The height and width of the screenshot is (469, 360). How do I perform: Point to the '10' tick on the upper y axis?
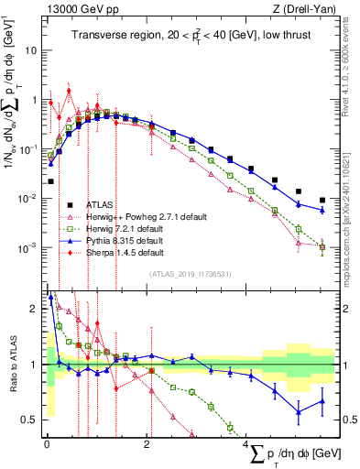30,50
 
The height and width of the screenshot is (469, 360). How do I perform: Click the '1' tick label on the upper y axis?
34,100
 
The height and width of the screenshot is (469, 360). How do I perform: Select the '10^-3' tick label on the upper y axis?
27,248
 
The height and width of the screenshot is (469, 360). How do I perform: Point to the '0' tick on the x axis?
47,443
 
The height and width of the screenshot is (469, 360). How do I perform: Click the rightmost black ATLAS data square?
322,200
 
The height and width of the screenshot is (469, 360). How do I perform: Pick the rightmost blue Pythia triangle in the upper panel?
322,210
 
